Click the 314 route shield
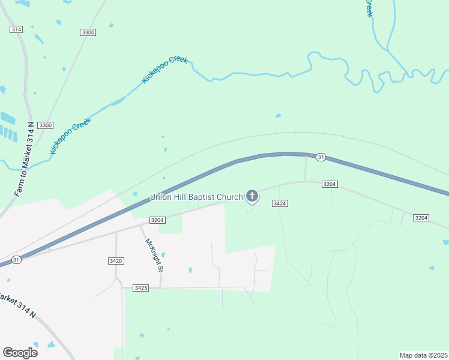pos(16,29)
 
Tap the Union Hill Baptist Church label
pos(196,196)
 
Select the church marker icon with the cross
pos(252,196)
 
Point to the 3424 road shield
pos(280,204)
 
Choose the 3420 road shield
pos(116,260)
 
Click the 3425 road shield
pos(141,288)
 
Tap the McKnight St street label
pos(154,255)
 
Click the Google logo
pos(20,352)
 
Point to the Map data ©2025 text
pos(423,355)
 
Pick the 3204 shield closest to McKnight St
pos(157,220)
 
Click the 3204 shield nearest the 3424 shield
pos(330,184)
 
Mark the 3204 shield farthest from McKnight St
pos(421,217)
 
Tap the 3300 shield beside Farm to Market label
pos(45,125)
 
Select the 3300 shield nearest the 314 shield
pos(88,32)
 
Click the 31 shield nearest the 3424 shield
pos(321,157)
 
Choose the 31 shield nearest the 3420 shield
pos(16,259)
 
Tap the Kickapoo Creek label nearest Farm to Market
pos(70,137)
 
